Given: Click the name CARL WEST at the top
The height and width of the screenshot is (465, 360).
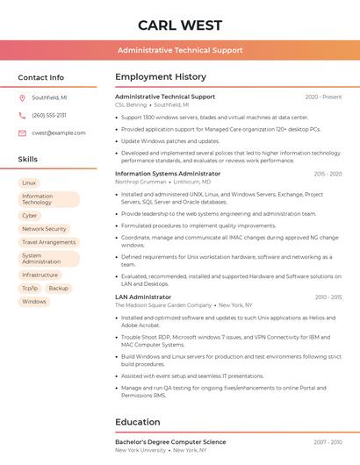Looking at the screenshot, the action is point(180,24).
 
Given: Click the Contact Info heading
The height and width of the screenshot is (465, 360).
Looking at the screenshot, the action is point(40,77).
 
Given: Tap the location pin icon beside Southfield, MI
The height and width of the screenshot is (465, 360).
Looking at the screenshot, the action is point(22,97).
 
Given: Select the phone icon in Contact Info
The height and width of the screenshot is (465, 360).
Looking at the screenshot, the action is point(22,115).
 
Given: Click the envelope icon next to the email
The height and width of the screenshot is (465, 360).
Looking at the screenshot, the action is point(22,132).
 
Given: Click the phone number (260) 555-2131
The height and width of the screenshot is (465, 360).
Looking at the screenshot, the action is point(49,115).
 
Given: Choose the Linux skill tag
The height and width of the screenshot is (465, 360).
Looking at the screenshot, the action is point(29,182).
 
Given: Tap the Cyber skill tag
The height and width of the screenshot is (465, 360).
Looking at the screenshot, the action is point(30,215).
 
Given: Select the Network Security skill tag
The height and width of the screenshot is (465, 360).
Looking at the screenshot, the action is point(44,229).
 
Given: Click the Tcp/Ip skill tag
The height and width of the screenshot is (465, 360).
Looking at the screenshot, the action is point(30,288).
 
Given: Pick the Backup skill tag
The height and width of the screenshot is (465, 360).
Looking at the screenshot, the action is point(59,288).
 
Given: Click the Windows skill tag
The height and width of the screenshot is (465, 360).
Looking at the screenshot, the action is point(34,302).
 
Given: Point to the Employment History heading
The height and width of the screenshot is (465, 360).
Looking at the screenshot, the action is point(161,77).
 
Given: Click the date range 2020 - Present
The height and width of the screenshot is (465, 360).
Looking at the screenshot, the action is point(323,97).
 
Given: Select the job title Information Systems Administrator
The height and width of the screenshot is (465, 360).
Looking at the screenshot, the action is point(168,174).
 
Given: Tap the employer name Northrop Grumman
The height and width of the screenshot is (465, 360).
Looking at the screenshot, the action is point(140,182).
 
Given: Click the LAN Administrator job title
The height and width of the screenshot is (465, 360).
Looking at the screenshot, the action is point(143,297).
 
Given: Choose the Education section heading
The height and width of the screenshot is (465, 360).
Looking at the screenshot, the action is point(138,422).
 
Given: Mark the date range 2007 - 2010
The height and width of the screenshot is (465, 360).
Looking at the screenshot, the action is point(328,442).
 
